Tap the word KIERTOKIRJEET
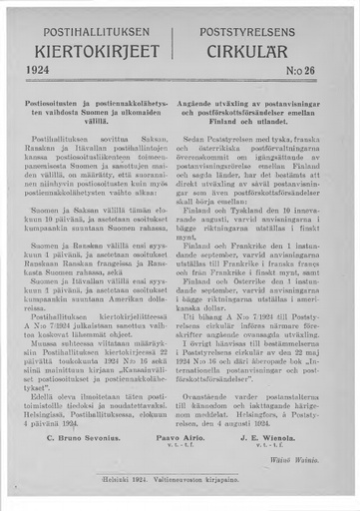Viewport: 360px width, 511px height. (95, 49)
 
